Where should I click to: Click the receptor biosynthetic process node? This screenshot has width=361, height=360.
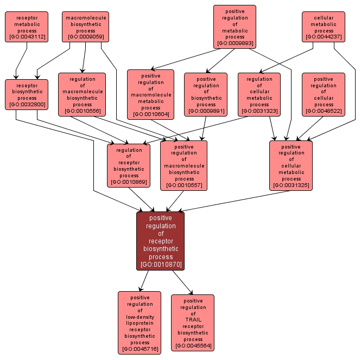point(27,95)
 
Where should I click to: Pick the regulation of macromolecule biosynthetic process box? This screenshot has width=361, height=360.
point(82,95)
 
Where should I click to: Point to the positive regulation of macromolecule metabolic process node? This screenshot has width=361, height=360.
point(150,95)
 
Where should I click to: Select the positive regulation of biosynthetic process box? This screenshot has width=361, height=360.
point(206,95)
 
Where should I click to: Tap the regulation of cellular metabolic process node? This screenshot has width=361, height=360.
point(259,95)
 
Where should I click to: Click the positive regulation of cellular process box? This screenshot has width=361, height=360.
point(324,95)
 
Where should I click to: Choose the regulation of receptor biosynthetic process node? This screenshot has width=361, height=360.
point(129,166)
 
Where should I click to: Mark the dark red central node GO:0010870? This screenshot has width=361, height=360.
point(160,241)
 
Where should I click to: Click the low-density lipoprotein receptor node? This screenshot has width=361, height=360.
point(140,323)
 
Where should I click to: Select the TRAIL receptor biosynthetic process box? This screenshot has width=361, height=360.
point(193,323)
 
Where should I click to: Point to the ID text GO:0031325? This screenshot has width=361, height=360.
point(292,185)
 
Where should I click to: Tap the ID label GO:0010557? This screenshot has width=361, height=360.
point(184,185)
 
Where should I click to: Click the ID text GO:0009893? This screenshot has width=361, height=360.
point(235,43)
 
